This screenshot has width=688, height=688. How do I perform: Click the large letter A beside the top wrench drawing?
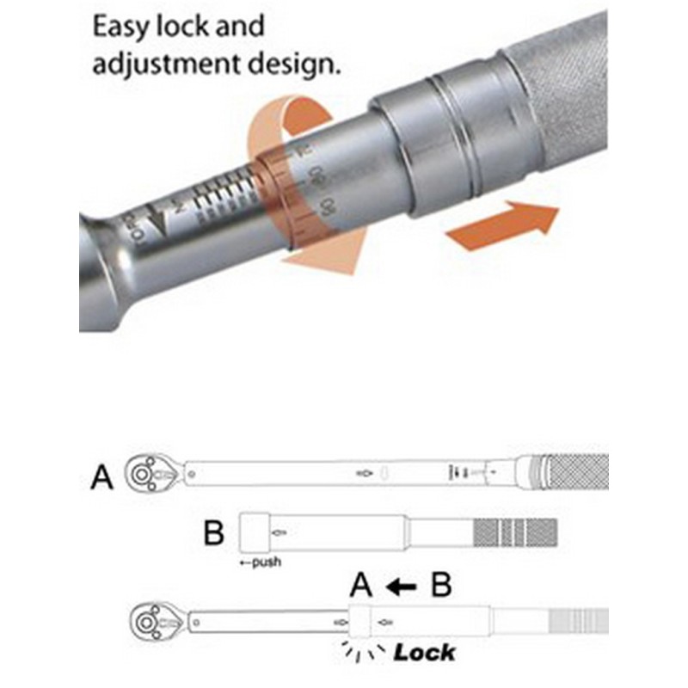(x=101, y=475)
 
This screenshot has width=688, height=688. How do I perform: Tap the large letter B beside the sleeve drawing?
(x=213, y=532)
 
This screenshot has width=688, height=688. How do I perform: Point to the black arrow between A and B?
(x=401, y=587)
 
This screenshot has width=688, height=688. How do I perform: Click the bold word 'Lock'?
(x=424, y=653)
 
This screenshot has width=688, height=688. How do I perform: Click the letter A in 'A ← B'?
(x=362, y=587)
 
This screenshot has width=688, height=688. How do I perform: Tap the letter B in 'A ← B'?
(x=440, y=587)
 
